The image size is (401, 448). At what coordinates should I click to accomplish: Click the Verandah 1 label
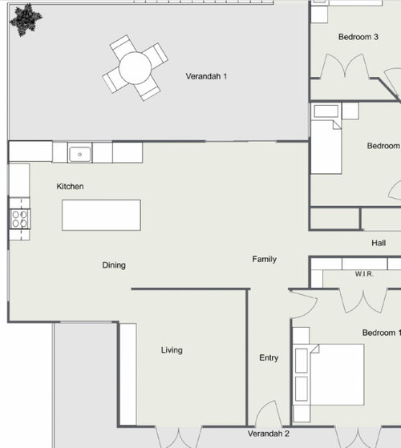[206, 76]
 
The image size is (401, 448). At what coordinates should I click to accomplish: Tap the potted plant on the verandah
[26, 20]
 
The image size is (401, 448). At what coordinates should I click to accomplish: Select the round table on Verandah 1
[135, 68]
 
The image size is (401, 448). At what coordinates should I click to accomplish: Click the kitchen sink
[79, 155]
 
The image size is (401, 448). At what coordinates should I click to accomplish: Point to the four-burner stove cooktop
[20, 219]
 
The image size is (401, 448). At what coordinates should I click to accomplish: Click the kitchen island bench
[102, 215]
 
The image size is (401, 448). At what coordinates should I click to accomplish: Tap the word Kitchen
[70, 187]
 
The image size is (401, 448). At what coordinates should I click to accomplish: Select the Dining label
[114, 265]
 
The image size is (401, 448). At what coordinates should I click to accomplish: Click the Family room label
[265, 259]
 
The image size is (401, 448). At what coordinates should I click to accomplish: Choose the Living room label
[172, 350]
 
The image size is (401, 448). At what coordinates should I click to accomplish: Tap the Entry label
[269, 357]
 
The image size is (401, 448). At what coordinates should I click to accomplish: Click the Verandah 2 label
[269, 434]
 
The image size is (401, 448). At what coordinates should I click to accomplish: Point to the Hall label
[379, 243]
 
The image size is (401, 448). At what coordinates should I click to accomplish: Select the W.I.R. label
[364, 274]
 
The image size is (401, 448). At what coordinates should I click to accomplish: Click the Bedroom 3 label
[358, 37]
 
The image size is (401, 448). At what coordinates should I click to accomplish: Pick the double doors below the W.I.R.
[363, 301]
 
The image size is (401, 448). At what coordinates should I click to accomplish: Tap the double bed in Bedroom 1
[329, 374]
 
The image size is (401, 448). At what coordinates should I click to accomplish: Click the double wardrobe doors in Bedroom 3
[346, 66]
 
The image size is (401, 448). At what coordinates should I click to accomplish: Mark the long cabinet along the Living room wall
[128, 374]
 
